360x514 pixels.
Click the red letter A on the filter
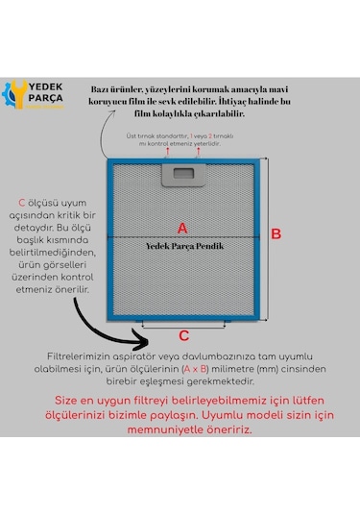click(183, 227)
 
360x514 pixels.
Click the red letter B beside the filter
click(276, 233)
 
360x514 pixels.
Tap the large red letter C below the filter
click(184, 335)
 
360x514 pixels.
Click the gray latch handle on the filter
click(183, 173)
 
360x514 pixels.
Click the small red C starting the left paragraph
click(22, 203)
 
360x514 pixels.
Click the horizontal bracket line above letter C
click(184, 324)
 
